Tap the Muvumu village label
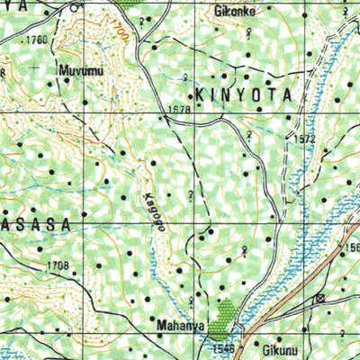coord(78,68)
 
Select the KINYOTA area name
coord(241,94)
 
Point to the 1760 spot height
coord(37,40)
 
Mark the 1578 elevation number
coord(179,110)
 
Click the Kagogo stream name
coord(149,213)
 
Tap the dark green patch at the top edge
coord(130,4)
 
